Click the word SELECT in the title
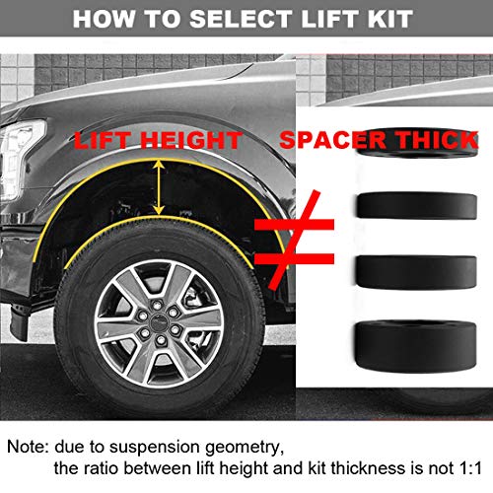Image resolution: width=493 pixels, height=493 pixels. tap(233, 20)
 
